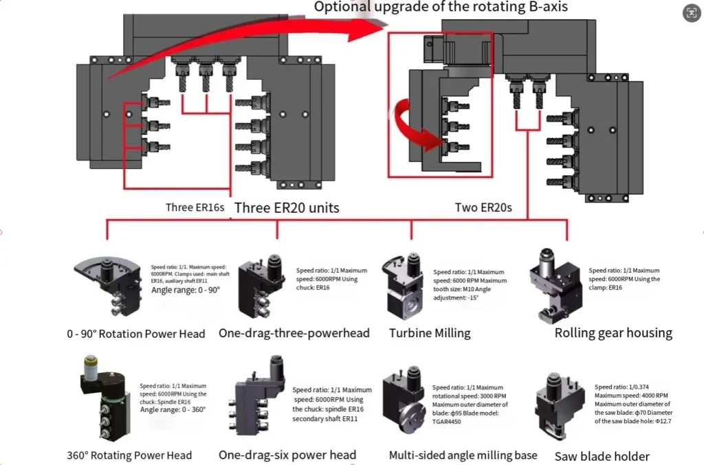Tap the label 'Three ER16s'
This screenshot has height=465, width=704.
[194, 207]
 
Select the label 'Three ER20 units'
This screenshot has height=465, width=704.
[287, 207]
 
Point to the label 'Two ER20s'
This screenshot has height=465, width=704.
[483, 207]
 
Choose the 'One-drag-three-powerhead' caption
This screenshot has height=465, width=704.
[294, 333]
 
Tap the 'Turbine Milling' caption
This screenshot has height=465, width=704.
[430, 333]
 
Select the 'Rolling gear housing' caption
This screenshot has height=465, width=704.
[613, 333]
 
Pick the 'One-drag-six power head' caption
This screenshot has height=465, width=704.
[287, 455]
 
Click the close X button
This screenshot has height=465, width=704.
[689, 12]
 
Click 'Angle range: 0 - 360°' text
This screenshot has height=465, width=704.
[173, 409]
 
